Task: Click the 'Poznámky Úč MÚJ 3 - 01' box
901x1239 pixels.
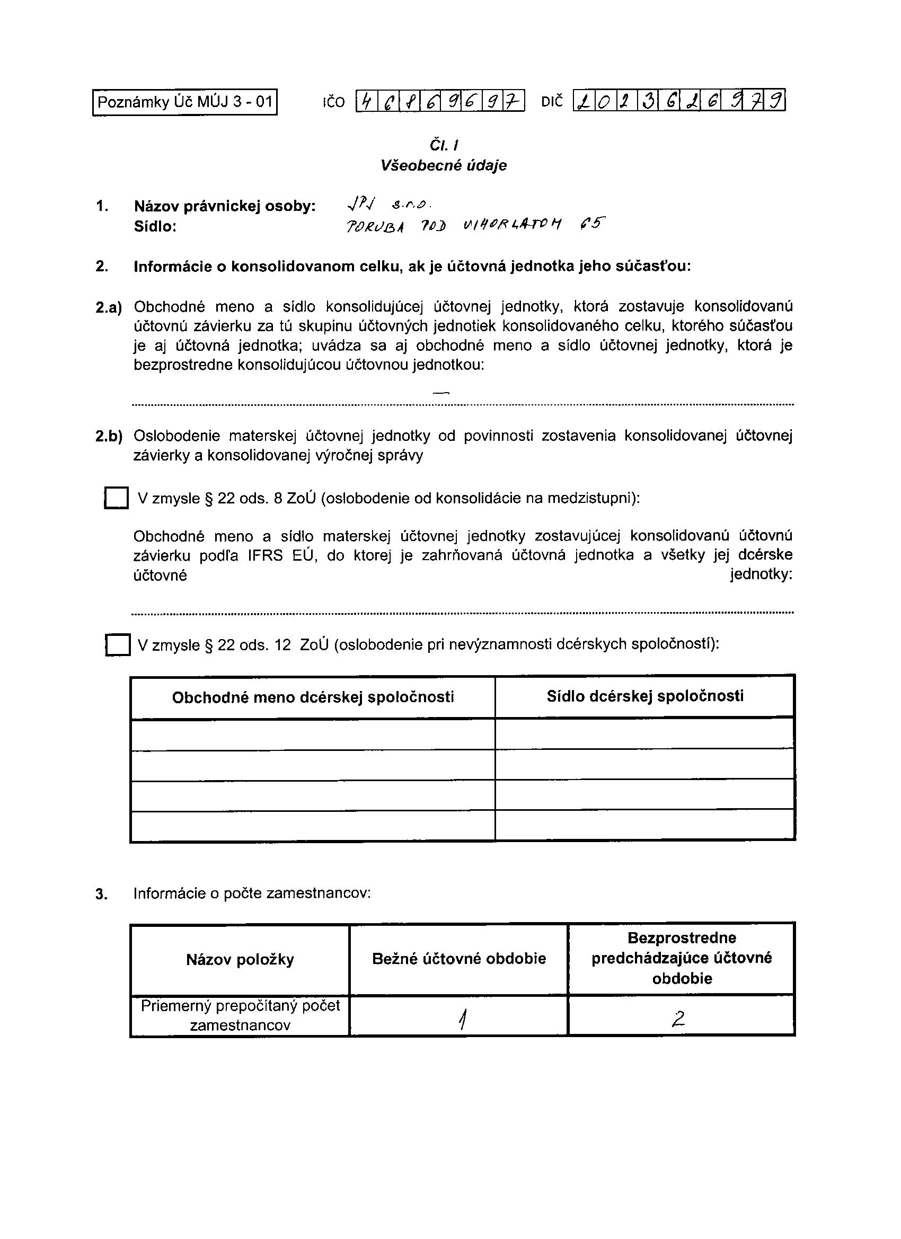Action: coord(184,102)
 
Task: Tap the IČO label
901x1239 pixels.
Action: coord(334,102)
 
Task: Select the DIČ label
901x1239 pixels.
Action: coord(552,102)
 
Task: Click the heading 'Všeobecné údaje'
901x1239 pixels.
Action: coord(444,165)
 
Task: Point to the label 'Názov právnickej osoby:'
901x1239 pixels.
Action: coord(225,206)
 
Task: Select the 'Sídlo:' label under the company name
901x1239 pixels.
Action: coord(155,227)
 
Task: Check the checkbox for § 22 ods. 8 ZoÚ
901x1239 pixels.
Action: coord(117,498)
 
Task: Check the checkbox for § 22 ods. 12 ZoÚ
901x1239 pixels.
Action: coord(118,644)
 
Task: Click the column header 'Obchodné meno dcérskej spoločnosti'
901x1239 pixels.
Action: coord(313,697)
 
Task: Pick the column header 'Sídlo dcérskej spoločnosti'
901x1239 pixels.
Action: coord(644,696)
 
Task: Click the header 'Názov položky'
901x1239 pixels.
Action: coord(240,959)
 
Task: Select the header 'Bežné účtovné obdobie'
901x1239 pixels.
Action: coord(459,959)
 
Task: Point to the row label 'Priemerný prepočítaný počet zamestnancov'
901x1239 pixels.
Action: coord(240,1015)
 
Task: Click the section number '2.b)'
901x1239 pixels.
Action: coord(109,437)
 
